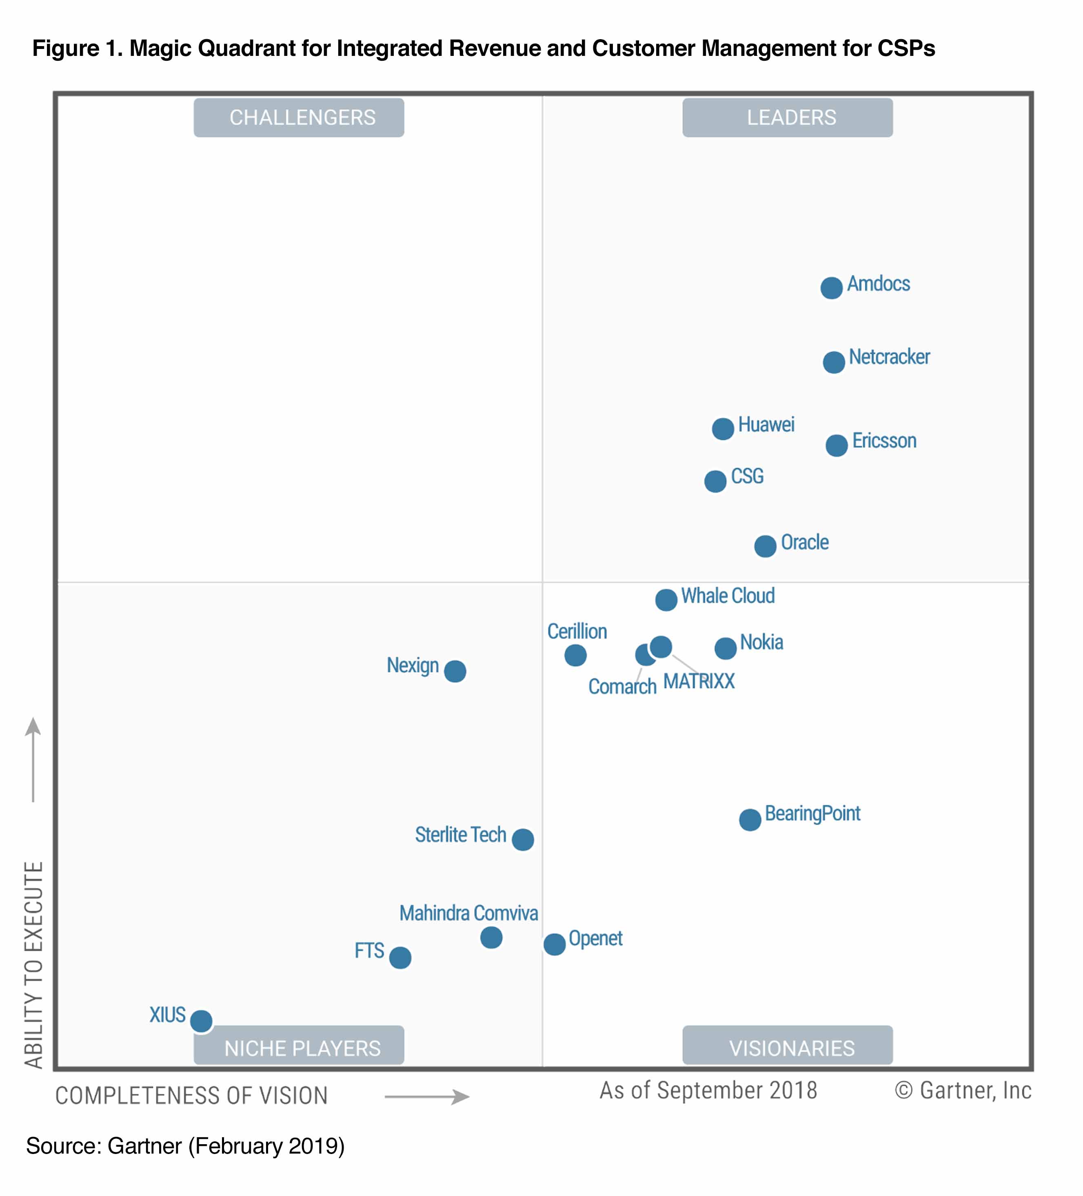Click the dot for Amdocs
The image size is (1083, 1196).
[x=831, y=288]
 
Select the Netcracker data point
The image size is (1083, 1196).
[x=833, y=362]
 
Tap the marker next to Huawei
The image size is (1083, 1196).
[x=722, y=428]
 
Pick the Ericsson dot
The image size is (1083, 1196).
[x=836, y=445]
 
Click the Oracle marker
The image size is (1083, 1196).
[x=765, y=546]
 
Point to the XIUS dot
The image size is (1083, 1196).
[x=201, y=1021]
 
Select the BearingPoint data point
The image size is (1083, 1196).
[x=750, y=819]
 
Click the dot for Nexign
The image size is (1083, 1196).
[x=455, y=671]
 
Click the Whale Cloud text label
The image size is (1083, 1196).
[x=728, y=596]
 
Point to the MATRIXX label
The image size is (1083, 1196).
[x=699, y=681]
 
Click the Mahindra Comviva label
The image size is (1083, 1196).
[x=468, y=913]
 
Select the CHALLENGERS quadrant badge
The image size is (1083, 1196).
[x=298, y=117]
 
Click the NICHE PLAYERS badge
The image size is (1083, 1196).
[x=298, y=1048]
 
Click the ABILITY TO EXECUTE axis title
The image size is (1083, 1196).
[x=34, y=964]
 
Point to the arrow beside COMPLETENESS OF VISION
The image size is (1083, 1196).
[x=427, y=1096]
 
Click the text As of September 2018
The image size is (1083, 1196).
[x=708, y=1090]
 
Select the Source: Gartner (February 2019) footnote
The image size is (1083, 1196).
[x=185, y=1145]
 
